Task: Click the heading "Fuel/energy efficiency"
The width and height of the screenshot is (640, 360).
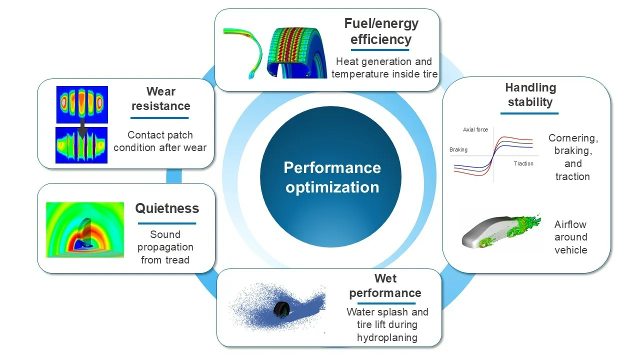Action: (x=381, y=31)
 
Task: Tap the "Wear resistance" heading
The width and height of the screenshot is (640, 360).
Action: (x=161, y=98)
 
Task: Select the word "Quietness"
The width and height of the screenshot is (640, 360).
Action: (x=167, y=208)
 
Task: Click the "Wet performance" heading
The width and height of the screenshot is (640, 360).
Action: (x=385, y=285)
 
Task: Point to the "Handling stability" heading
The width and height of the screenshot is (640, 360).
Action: (x=530, y=94)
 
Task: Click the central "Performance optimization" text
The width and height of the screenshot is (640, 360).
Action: (x=332, y=177)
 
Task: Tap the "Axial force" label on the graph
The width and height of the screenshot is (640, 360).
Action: (x=475, y=129)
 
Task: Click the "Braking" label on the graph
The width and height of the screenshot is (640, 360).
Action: (x=458, y=149)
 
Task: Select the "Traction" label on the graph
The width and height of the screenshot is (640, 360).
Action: (x=523, y=163)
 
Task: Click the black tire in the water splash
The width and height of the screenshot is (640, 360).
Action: (x=281, y=309)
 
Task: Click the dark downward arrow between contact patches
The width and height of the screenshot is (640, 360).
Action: (x=82, y=128)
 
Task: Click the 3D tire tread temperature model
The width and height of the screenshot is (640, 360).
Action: (x=297, y=53)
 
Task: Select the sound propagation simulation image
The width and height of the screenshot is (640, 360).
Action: (x=85, y=230)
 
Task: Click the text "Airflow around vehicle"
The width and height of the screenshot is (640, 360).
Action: (x=570, y=237)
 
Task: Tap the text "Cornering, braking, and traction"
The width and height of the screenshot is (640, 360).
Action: (x=573, y=157)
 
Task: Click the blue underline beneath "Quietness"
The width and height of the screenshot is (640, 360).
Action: (x=167, y=223)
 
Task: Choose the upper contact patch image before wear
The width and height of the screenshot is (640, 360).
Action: (x=82, y=104)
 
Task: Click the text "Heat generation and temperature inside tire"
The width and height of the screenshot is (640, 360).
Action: (x=384, y=67)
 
